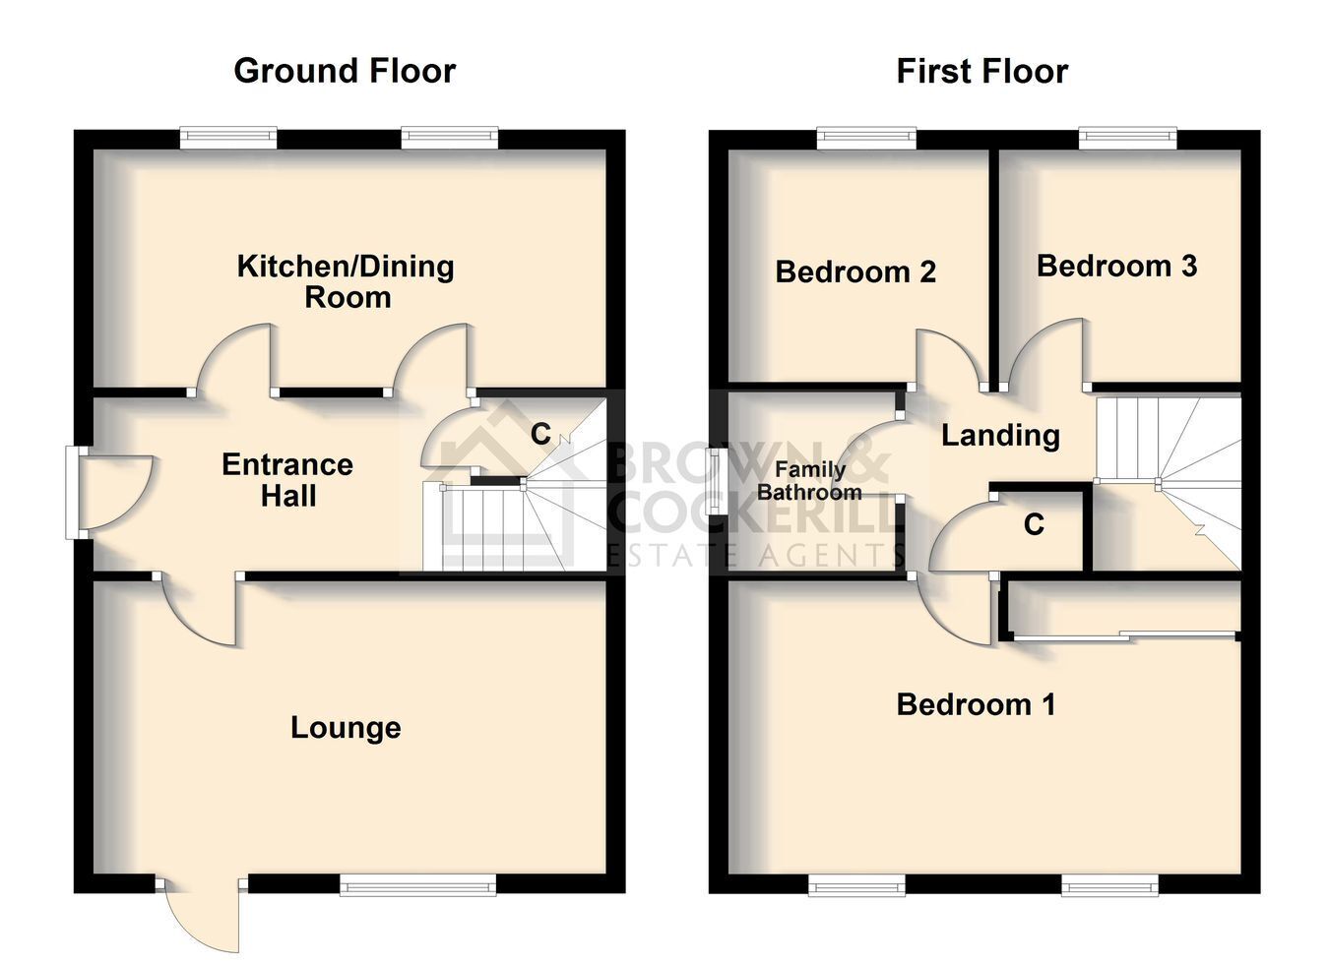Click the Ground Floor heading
345,71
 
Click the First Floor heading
981,71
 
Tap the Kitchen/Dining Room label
346,281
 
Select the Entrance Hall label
287,480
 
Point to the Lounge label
346,727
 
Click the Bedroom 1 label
976,704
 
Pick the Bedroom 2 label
855,272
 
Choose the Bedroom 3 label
1117,267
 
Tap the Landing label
1001,436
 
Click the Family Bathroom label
810,481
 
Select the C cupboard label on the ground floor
540,434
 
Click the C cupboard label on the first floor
1034,524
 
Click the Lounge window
417,903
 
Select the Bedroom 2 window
867,138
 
